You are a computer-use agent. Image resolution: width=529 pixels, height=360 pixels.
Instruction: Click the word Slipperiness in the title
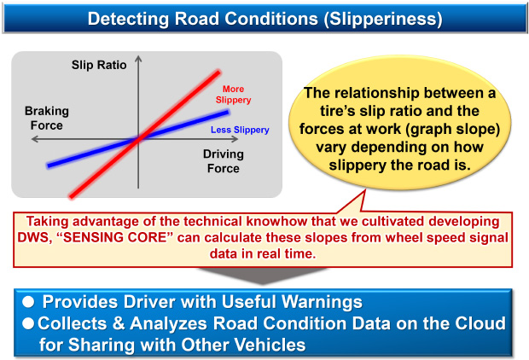(x=383, y=19)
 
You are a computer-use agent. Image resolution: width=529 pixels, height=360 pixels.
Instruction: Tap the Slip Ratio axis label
(x=99, y=65)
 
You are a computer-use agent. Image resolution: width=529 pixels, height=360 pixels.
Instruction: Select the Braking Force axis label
(x=47, y=118)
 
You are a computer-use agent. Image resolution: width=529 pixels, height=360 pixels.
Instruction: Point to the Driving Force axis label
(x=224, y=161)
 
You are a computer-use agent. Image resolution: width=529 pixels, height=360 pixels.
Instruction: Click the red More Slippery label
(x=233, y=95)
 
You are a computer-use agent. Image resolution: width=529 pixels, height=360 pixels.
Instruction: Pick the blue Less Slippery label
(x=240, y=130)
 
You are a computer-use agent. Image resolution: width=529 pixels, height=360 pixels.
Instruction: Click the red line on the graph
(x=144, y=134)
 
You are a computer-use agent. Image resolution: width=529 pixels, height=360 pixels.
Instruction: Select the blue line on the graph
(x=137, y=139)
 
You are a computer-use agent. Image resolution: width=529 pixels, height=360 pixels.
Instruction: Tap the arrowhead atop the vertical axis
(x=138, y=59)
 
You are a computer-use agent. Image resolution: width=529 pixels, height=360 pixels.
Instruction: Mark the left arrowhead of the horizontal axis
(x=34, y=139)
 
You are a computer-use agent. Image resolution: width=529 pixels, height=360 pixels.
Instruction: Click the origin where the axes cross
(x=138, y=139)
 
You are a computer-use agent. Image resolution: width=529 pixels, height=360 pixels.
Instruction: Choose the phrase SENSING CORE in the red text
(x=114, y=237)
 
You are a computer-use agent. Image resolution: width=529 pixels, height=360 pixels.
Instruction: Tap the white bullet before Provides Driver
(x=28, y=302)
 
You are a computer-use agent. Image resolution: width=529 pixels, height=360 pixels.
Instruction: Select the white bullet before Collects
(x=28, y=323)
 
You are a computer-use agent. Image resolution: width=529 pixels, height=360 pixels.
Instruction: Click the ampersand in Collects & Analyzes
(x=119, y=323)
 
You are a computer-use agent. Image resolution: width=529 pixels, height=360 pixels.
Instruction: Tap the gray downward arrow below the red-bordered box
(x=262, y=275)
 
